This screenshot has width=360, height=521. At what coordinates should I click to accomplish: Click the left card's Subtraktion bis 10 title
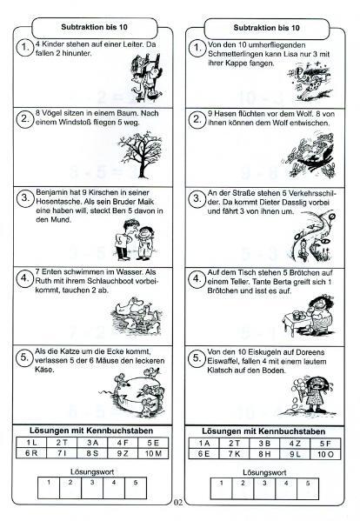coord(94,27)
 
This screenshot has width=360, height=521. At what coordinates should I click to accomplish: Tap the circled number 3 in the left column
coord(25,198)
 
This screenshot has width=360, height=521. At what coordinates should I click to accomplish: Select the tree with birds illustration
coord(140,150)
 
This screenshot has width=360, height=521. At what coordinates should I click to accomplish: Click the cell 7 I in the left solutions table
coord(62,453)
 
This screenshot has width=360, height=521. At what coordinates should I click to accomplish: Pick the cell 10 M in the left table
coord(153,453)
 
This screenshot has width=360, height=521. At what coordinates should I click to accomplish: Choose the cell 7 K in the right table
coord(234,454)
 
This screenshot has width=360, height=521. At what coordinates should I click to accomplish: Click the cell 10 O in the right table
coord(325,454)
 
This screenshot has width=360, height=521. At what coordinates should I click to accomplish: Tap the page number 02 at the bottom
coord(178,503)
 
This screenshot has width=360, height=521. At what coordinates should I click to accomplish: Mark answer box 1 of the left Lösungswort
coord(49,487)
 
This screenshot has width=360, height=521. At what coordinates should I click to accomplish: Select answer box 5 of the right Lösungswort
coord(308,489)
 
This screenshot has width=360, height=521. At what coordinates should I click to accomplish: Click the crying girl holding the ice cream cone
coord(315,396)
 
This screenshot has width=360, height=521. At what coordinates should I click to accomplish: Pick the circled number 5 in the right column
coord(197,358)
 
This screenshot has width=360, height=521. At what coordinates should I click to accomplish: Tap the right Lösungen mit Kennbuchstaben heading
coord(263,431)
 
